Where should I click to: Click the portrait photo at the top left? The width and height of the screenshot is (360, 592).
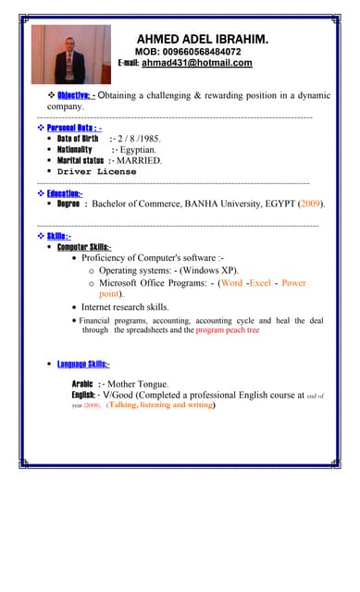tap(70, 55)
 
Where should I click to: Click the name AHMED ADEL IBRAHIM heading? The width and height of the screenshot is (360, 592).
tap(203, 40)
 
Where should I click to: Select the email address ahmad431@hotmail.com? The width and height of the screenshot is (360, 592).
tap(196, 63)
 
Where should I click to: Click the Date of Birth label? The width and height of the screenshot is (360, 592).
tap(78, 138)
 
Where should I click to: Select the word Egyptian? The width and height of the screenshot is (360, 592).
tap(138, 149)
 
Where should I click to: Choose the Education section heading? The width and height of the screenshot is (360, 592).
tap(65, 192)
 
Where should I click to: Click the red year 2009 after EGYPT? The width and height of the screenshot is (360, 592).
tap(309, 203)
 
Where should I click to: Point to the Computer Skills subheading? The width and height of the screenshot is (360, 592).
tap(84, 247)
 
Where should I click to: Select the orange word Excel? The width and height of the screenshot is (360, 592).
tap(260, 283)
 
